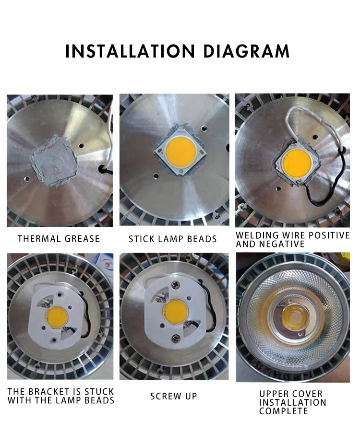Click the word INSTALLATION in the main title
(x=130, y=51)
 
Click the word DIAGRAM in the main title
(x=247, y=51)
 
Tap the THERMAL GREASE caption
(x=59, y=239)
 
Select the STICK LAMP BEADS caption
(x=173, y=239)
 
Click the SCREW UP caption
(x=173, y=396)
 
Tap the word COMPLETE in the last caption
(x=283, y=411)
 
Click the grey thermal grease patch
(x=54, y=161)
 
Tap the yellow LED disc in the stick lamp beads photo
(x=181, y=151)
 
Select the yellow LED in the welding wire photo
(x=297, y=164)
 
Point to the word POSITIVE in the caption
(x=329, y=235)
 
